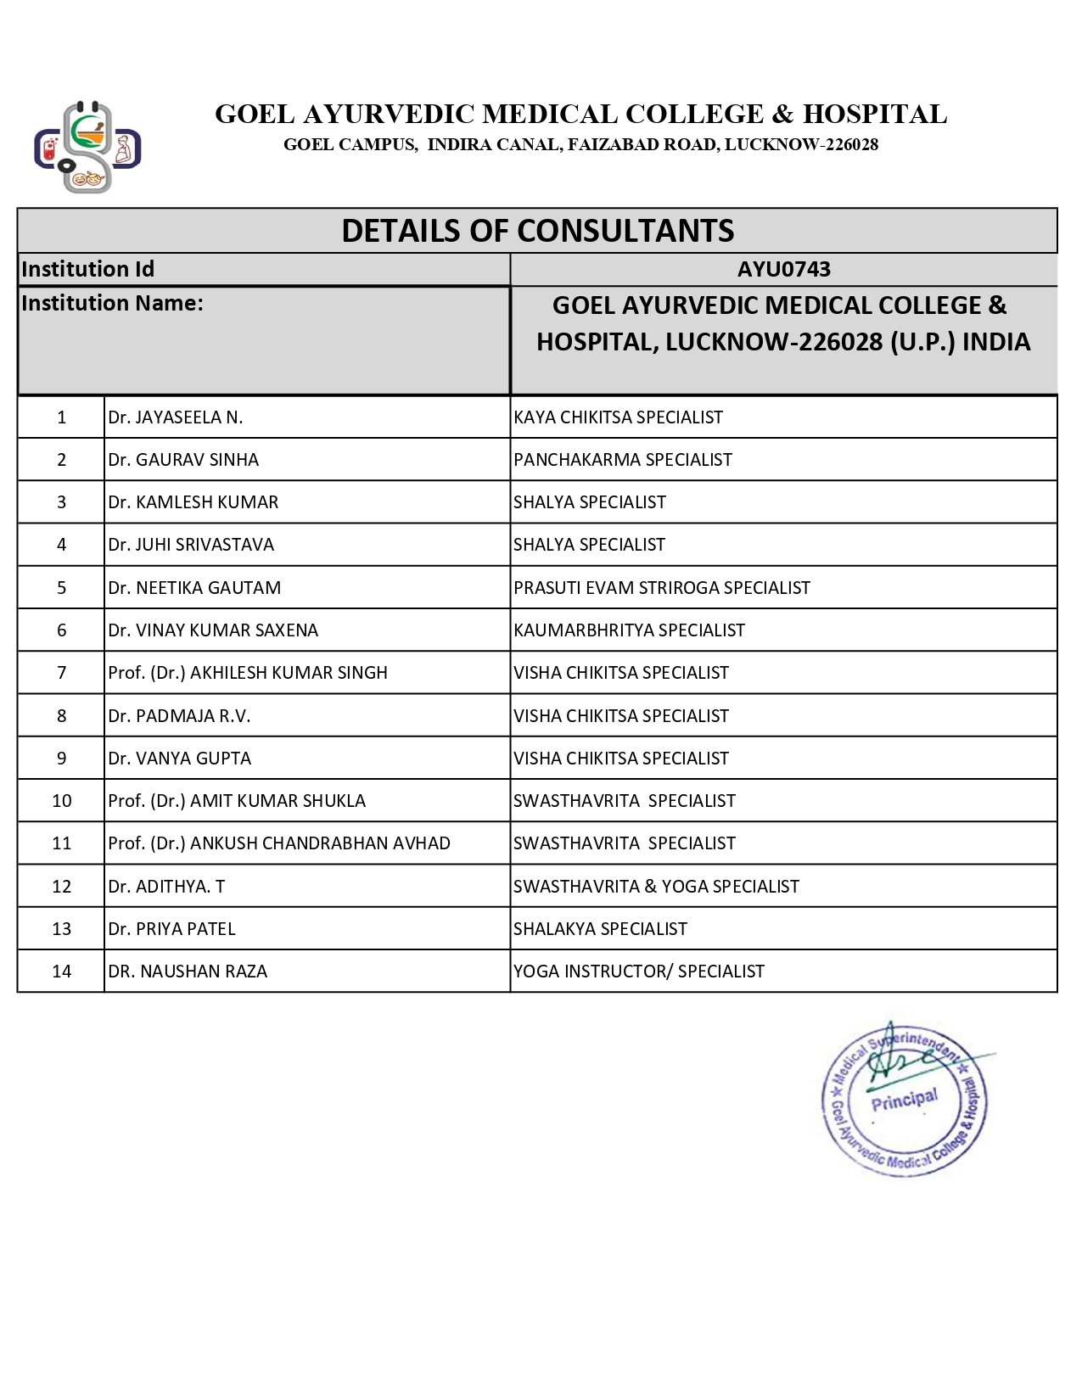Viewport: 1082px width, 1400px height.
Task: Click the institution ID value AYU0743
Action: (x=783, y=269)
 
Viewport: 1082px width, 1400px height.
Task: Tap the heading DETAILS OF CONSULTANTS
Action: (x=537, y=231)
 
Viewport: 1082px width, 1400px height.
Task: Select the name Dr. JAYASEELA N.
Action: (x=176, y=417)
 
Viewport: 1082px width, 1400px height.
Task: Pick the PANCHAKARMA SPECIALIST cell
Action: (x=622, y=460)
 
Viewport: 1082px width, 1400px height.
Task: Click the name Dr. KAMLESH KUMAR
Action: (x=193, y=502)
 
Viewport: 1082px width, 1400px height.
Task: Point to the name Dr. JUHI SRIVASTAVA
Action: (x=191, y=545)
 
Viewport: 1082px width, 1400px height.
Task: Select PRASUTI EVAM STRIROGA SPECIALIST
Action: (x=661, y=588)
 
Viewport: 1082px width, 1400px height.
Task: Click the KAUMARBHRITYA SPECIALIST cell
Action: (x=629, y=630)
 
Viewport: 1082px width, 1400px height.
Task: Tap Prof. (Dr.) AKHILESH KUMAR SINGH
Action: (x=248, y=673)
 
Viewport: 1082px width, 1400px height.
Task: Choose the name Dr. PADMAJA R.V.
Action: (x=180, y=716)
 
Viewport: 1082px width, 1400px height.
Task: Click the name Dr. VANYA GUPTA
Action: (x=180, y=759)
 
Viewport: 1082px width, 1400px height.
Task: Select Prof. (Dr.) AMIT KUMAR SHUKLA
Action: (x=237, y=801)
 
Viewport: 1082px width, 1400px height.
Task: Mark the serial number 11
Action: (x=61, y=843)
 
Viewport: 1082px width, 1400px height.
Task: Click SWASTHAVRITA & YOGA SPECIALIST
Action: (x=656, y=887)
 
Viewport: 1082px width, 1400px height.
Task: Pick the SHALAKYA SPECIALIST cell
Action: (x=600, y=929)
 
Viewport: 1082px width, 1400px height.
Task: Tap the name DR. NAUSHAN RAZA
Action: (x=188, y=972)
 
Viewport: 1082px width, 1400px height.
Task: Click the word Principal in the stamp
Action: (x=905, y=1100)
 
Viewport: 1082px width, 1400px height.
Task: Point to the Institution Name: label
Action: (x=112, y=303)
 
